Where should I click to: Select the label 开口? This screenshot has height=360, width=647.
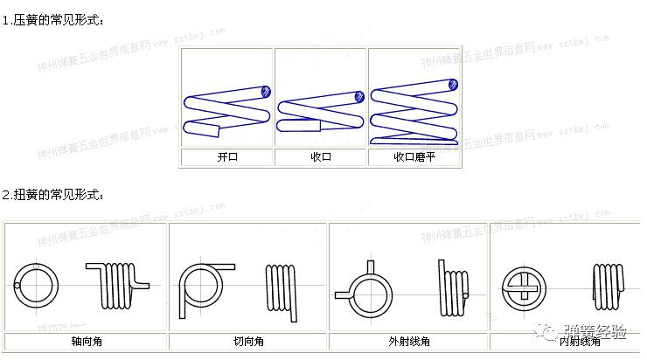click(227, 158)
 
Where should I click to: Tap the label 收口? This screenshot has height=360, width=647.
click(321, 158)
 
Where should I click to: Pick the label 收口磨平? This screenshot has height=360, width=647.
click(414, 158)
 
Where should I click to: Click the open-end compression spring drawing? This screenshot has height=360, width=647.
click(227, 110)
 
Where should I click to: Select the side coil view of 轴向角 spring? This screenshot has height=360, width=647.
click(119, 283)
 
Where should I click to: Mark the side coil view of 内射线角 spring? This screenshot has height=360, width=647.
click(609, 284)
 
